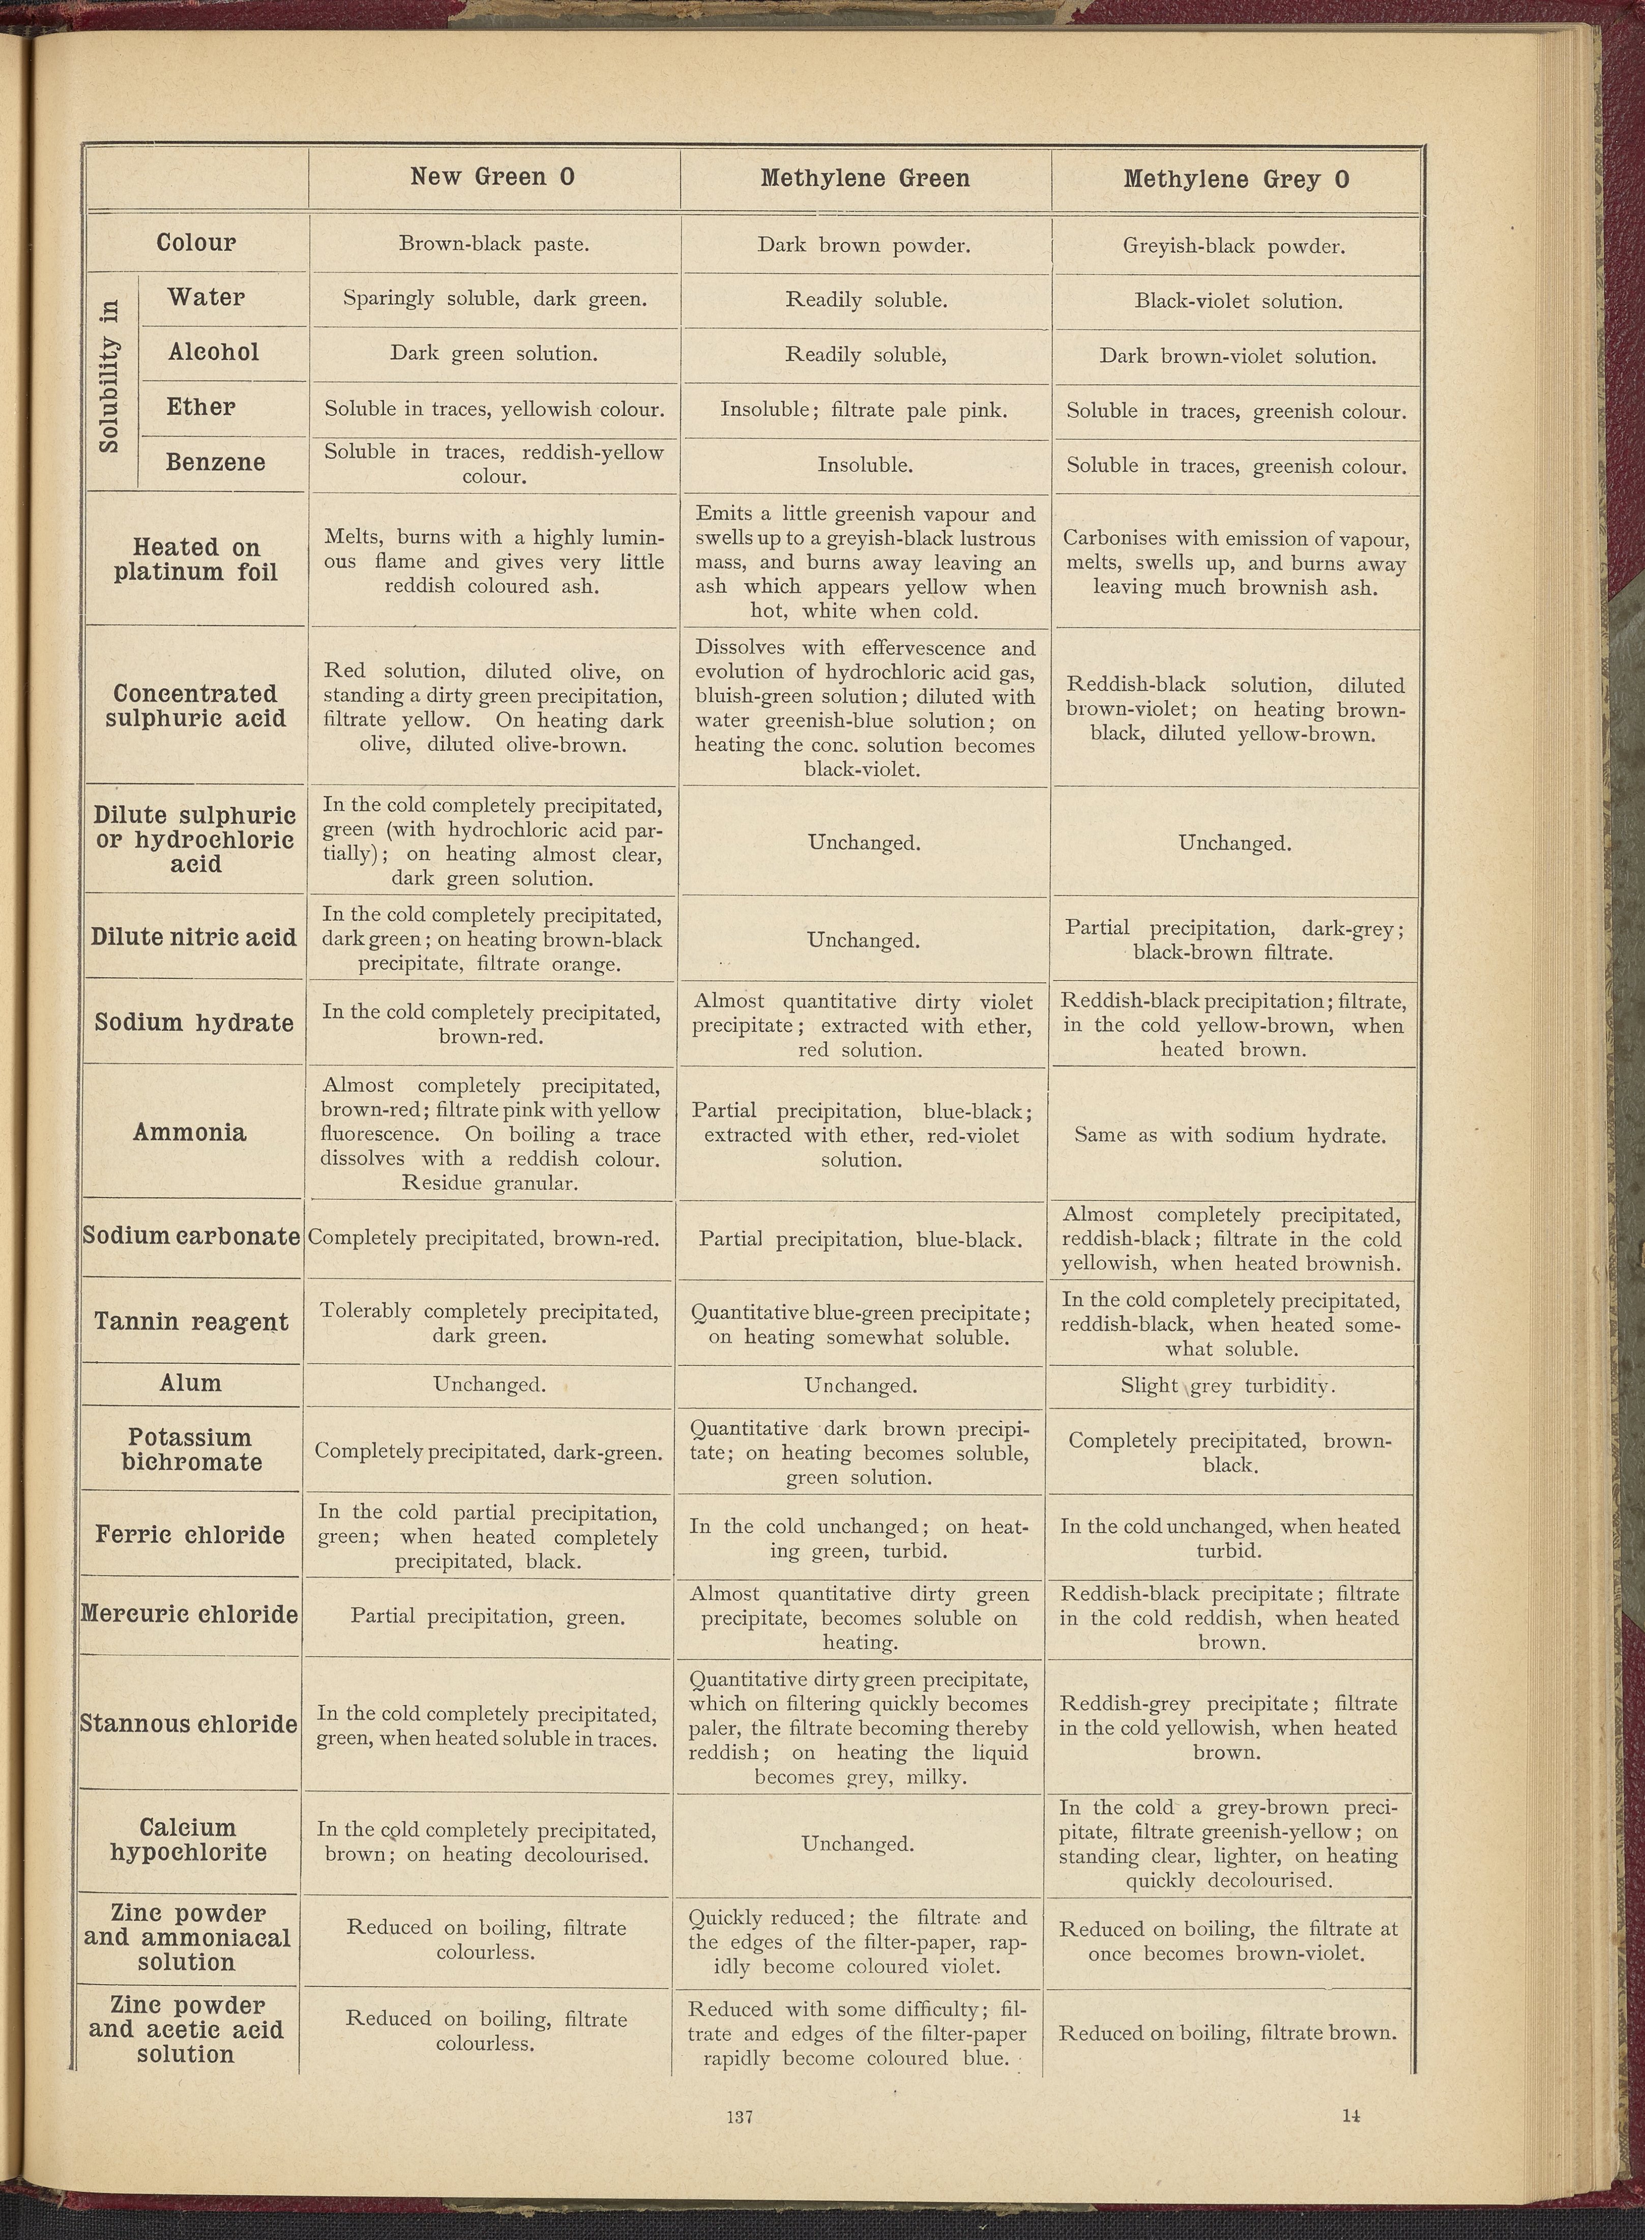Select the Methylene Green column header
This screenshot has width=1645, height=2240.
[864, 178]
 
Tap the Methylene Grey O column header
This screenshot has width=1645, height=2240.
[1236, 179]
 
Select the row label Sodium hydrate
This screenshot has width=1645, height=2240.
[194, 1023]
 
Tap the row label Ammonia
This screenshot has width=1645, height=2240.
[189, 1132]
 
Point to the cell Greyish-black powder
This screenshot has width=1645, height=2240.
[1234, 246]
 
